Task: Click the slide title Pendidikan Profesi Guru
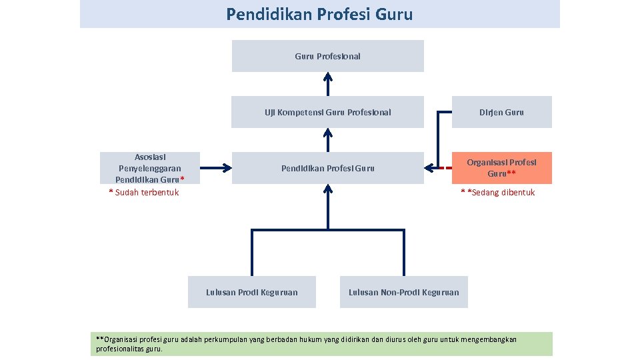(319, 14)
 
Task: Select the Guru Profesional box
(327, 56)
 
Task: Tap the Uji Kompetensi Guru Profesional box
(327, 112)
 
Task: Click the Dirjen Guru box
(501, 112)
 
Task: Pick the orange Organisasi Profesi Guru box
(501, 168)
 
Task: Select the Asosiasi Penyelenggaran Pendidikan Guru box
(149, 168)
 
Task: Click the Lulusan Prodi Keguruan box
(251, 292)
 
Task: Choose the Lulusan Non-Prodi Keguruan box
(403, 292)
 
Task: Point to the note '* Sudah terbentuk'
(144, 193)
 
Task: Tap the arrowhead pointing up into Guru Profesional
(327, 76)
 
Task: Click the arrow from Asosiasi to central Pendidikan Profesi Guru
(213, 168)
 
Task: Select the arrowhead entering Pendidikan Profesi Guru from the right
(430, 168)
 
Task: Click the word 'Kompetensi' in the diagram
(299, 112)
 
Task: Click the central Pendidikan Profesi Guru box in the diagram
(327, 168)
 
